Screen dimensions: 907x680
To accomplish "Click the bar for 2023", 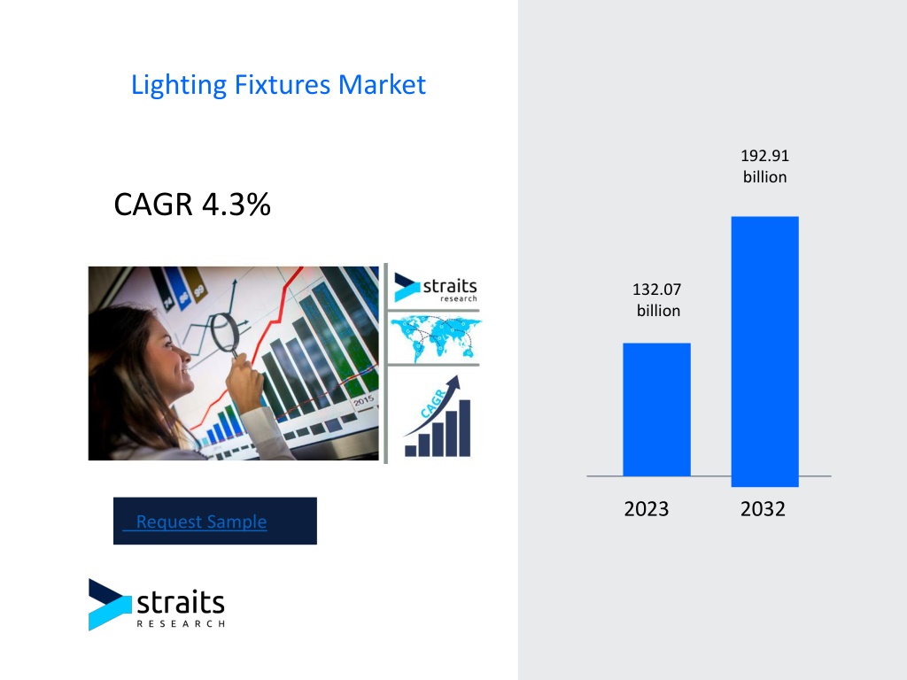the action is pyautogui.click(x=656, y=409).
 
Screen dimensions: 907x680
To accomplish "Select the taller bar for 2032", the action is pyautogui.click(x=764, y=352).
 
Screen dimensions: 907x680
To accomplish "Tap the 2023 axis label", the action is pyautogui.click(x=646, y=509).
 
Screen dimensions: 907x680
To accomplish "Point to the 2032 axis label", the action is pyautogui.click(x=763, y=509).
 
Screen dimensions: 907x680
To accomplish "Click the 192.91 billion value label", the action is pyautogui.click(x=764, y=166).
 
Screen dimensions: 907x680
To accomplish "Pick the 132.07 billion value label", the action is pyautogui.click(x=657, y=299).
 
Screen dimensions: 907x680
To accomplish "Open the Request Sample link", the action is pyautogui.click(x=201, y=522).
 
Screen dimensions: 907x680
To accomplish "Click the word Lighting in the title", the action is pyautogui.click(x=179, y=86).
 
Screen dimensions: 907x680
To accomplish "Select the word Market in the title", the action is pyautogui.click(x=382, y=84).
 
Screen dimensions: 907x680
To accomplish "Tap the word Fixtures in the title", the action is pyautogui.click(x=283, y=84).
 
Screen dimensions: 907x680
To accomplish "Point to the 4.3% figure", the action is pyautogui.click(x=236, y=205).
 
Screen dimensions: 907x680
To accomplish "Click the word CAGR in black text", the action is pyautogui.click(x=153, y=205).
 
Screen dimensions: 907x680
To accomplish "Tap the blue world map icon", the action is pyautogui.click(x=435, y=338).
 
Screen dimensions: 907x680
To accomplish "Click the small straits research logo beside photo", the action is pyautogui.click(x=436, y=288).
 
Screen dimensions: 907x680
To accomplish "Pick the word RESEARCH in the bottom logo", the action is pyautogui.click(x=181, y=623).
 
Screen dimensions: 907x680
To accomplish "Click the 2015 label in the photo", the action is pyautogui.click(x=364, y=400).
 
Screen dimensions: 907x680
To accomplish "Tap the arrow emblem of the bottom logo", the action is pyautogui.click(x=110, y=604).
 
